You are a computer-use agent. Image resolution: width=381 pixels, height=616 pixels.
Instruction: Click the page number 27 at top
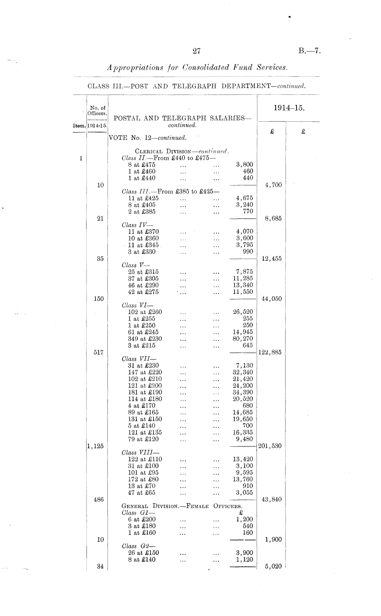196,51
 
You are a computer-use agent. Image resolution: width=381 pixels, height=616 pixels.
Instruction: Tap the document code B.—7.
309,51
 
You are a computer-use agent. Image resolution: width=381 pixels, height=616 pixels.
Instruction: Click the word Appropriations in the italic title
135,67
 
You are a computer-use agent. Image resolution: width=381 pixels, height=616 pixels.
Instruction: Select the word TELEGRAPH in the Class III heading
194,86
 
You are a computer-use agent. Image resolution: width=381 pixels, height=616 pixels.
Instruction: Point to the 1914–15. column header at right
289,108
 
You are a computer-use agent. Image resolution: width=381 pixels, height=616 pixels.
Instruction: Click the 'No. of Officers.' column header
97,110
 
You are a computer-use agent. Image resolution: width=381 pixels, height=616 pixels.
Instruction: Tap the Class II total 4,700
273,185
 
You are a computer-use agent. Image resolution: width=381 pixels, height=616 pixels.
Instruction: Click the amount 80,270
243,339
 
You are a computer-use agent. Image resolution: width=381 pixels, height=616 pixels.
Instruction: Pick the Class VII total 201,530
270,446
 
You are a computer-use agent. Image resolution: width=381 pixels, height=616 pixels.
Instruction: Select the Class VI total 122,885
270,352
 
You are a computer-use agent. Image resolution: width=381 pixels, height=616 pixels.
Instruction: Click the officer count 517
98,352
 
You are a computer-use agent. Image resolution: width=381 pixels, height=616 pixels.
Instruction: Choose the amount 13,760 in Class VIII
243,479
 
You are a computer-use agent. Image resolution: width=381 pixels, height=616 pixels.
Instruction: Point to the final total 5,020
273,566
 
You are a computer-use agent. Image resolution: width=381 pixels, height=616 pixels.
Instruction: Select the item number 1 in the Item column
81,158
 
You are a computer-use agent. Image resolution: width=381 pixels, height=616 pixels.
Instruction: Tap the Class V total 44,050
272,299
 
